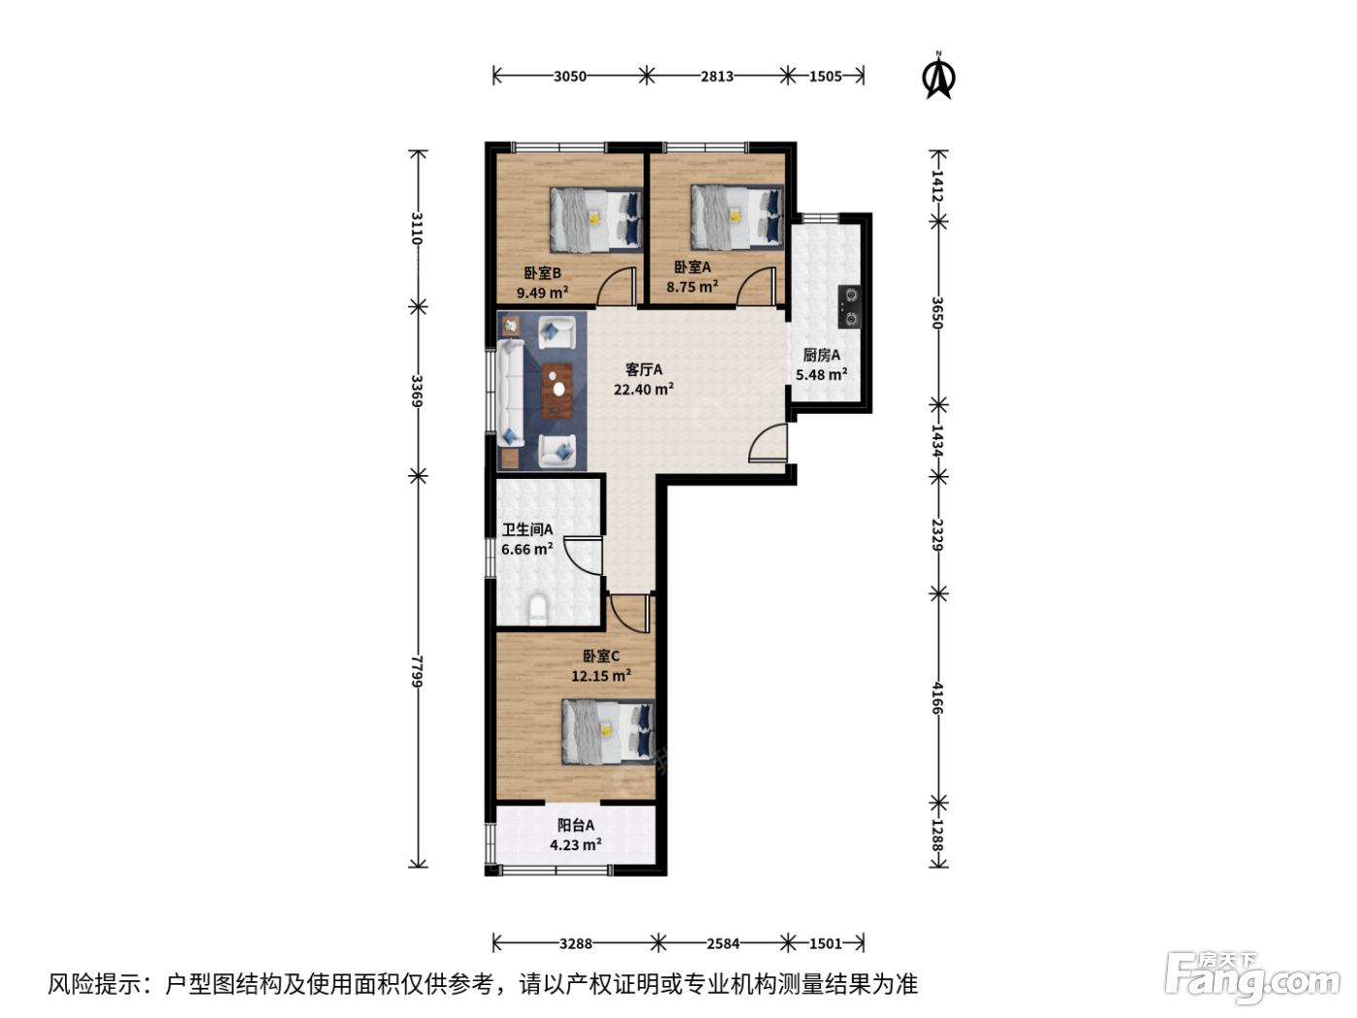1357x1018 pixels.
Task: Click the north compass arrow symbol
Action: [x=938, y=76]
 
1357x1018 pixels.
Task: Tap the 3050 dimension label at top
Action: [x=569, y=76]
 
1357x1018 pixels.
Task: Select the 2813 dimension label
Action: [x=716, y=76]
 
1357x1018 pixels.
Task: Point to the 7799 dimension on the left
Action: [x=418, y=671]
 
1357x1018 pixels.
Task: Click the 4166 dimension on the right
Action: [x=938, y=698]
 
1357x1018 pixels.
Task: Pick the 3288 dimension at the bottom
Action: [x=576, y=943]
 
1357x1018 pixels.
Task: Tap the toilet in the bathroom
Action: [x=538, y=608]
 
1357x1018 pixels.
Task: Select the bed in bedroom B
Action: [x=596, y=220]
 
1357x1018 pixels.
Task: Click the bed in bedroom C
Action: [x=608, y=732]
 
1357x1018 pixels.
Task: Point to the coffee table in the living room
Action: [x=557, y=392]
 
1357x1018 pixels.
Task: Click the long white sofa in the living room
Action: [x=511, y=393]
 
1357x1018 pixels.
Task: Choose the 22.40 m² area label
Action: [x=644, y=390]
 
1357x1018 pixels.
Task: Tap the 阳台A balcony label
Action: [x=576, y=825]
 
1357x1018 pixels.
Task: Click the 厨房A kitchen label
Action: [x=822, y=356]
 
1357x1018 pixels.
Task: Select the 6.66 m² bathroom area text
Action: [x=526, y=549]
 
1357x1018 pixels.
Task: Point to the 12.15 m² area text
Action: [x=601, y=676]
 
